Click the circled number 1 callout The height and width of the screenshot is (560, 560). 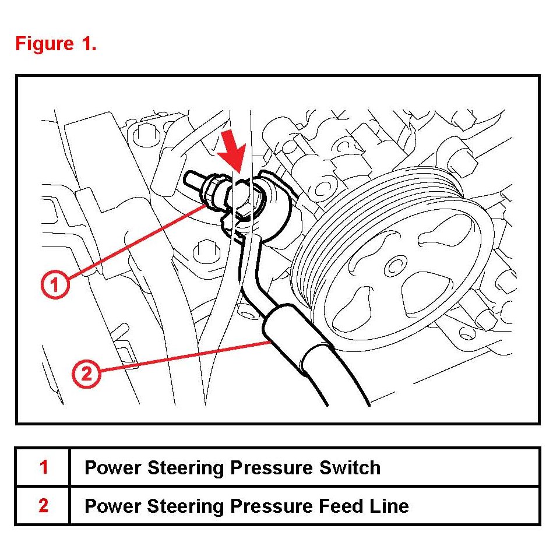55,286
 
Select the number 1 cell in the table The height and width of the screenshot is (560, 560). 43,467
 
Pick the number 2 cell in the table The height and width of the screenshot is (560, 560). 43,506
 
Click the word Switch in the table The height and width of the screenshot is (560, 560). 351,467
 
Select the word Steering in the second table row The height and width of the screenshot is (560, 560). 182,506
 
